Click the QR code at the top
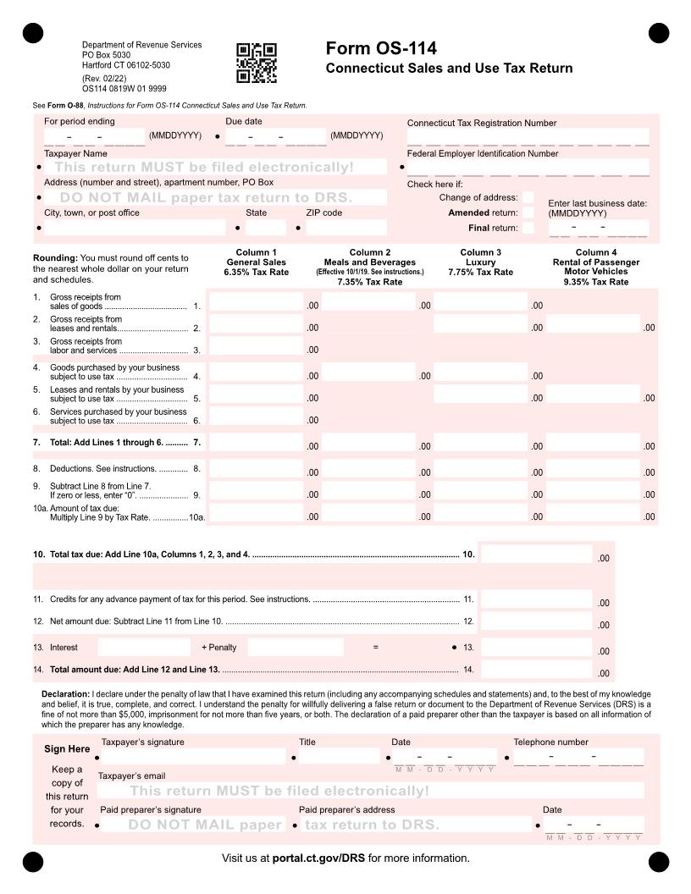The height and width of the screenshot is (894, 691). pos(256,63)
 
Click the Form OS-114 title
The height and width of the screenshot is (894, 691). pos(381,48)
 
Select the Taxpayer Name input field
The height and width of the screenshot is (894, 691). pos(216,168)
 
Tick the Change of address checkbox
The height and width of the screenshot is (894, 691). pos(528,198)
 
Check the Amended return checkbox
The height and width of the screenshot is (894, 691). pos(528,213)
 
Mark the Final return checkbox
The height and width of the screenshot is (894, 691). pos(528,229)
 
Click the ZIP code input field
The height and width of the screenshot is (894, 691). pos(345,228)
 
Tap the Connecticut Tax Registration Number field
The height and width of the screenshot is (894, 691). pos(528,136)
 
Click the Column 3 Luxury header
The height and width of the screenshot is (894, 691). pos(480,262)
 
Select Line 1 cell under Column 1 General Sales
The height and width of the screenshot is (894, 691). pos(256,301)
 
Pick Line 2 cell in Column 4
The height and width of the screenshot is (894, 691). pos(593,324)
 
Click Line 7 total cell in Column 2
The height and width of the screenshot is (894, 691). pos(368,443)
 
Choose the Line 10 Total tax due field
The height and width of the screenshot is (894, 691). pos(536,555)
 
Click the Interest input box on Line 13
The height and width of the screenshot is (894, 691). pos(143,648)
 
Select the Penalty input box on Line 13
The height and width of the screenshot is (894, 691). pos(296,648)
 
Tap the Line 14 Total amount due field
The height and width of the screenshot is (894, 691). pos(536,670)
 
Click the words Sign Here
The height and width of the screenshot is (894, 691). pos(67,749)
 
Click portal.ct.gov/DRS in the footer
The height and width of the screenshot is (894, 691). pos(318,858)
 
